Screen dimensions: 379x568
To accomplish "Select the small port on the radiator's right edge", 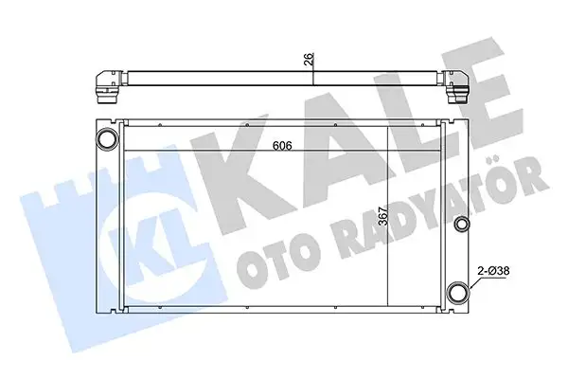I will (x=462, y=224).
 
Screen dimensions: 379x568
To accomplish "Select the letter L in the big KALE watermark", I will (x=398, y=123).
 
